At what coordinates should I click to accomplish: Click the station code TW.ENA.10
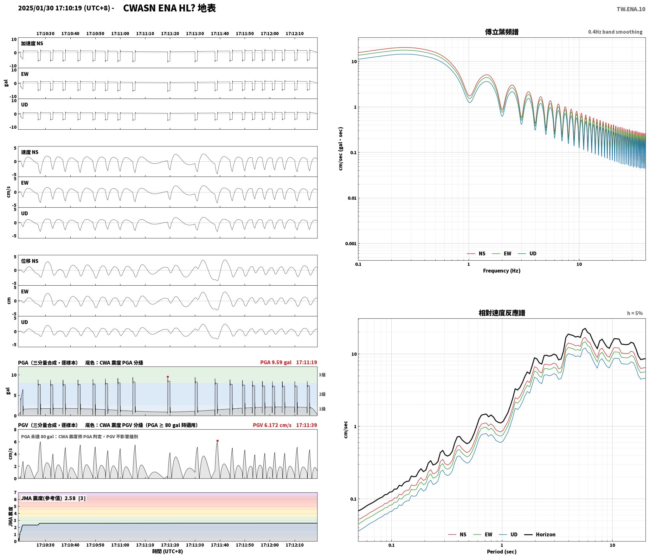pyautogui.click(x=631, y=9)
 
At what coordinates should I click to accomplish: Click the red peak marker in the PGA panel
pyautogui.click(x=168, y=377)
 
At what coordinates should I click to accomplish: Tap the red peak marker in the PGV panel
pyautogui.click(x=217, y=441)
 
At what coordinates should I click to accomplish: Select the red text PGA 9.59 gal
pyautogui.click(x=276, y=362)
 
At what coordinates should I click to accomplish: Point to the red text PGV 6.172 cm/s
pyautogui.click(x=272, y=425)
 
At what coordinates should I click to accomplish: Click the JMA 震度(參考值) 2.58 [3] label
pyautogui.click(x=53, y=498)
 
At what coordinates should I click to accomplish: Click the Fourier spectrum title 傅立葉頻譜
pyautogui.click(x=502, y=32)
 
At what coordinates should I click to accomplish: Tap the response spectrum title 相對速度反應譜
pyautogui.click(x=502, y=313)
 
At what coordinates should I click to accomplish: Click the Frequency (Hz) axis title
pyautogui.click(x=501, y=270)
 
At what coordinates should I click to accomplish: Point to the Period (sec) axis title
pyautogui.click(x=501, y=551)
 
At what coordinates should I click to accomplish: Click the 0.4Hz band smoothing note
pyautogui.click(x=615, y=32)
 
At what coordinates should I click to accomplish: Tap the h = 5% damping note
pyautogui.click(x=635, y=313)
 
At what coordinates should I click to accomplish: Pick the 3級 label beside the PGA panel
pyautogui.click(x=322, y=375)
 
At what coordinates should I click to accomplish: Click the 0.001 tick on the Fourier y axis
pyautogui.click(x=350, y=243)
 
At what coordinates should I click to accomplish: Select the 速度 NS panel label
pyautogui.click(x=30, y=152)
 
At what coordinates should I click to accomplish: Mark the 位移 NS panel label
pyautogui.click(x=30, y=261)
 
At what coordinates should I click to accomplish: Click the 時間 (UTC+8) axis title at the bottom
pyautogui.click(x=167, y=551)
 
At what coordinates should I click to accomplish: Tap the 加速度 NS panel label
pyautogui.click(x=32, y=43)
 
